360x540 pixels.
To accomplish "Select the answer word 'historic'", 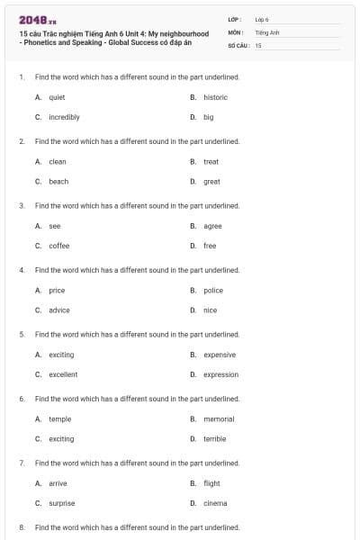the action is pos(215,97).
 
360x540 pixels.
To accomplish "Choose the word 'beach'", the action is pos(58,181).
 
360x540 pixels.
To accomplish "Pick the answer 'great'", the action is pos(211,181).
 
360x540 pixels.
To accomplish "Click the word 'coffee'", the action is pos(58,246).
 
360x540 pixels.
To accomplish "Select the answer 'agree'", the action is pos(212,226).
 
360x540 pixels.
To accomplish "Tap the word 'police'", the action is pos(212,291).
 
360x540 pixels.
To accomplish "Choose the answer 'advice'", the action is pos(58,310).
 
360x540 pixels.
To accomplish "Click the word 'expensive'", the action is pos(220,355).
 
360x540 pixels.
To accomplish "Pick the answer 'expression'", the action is pos(220,374).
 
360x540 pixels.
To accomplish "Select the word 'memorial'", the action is pos(219,419).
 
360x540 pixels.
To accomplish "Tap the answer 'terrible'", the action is pos(214,439).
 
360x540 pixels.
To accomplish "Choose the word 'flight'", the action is pos(211,483).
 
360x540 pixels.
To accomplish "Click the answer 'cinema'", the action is pos(215,503).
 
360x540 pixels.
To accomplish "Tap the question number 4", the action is pos(21,270).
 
